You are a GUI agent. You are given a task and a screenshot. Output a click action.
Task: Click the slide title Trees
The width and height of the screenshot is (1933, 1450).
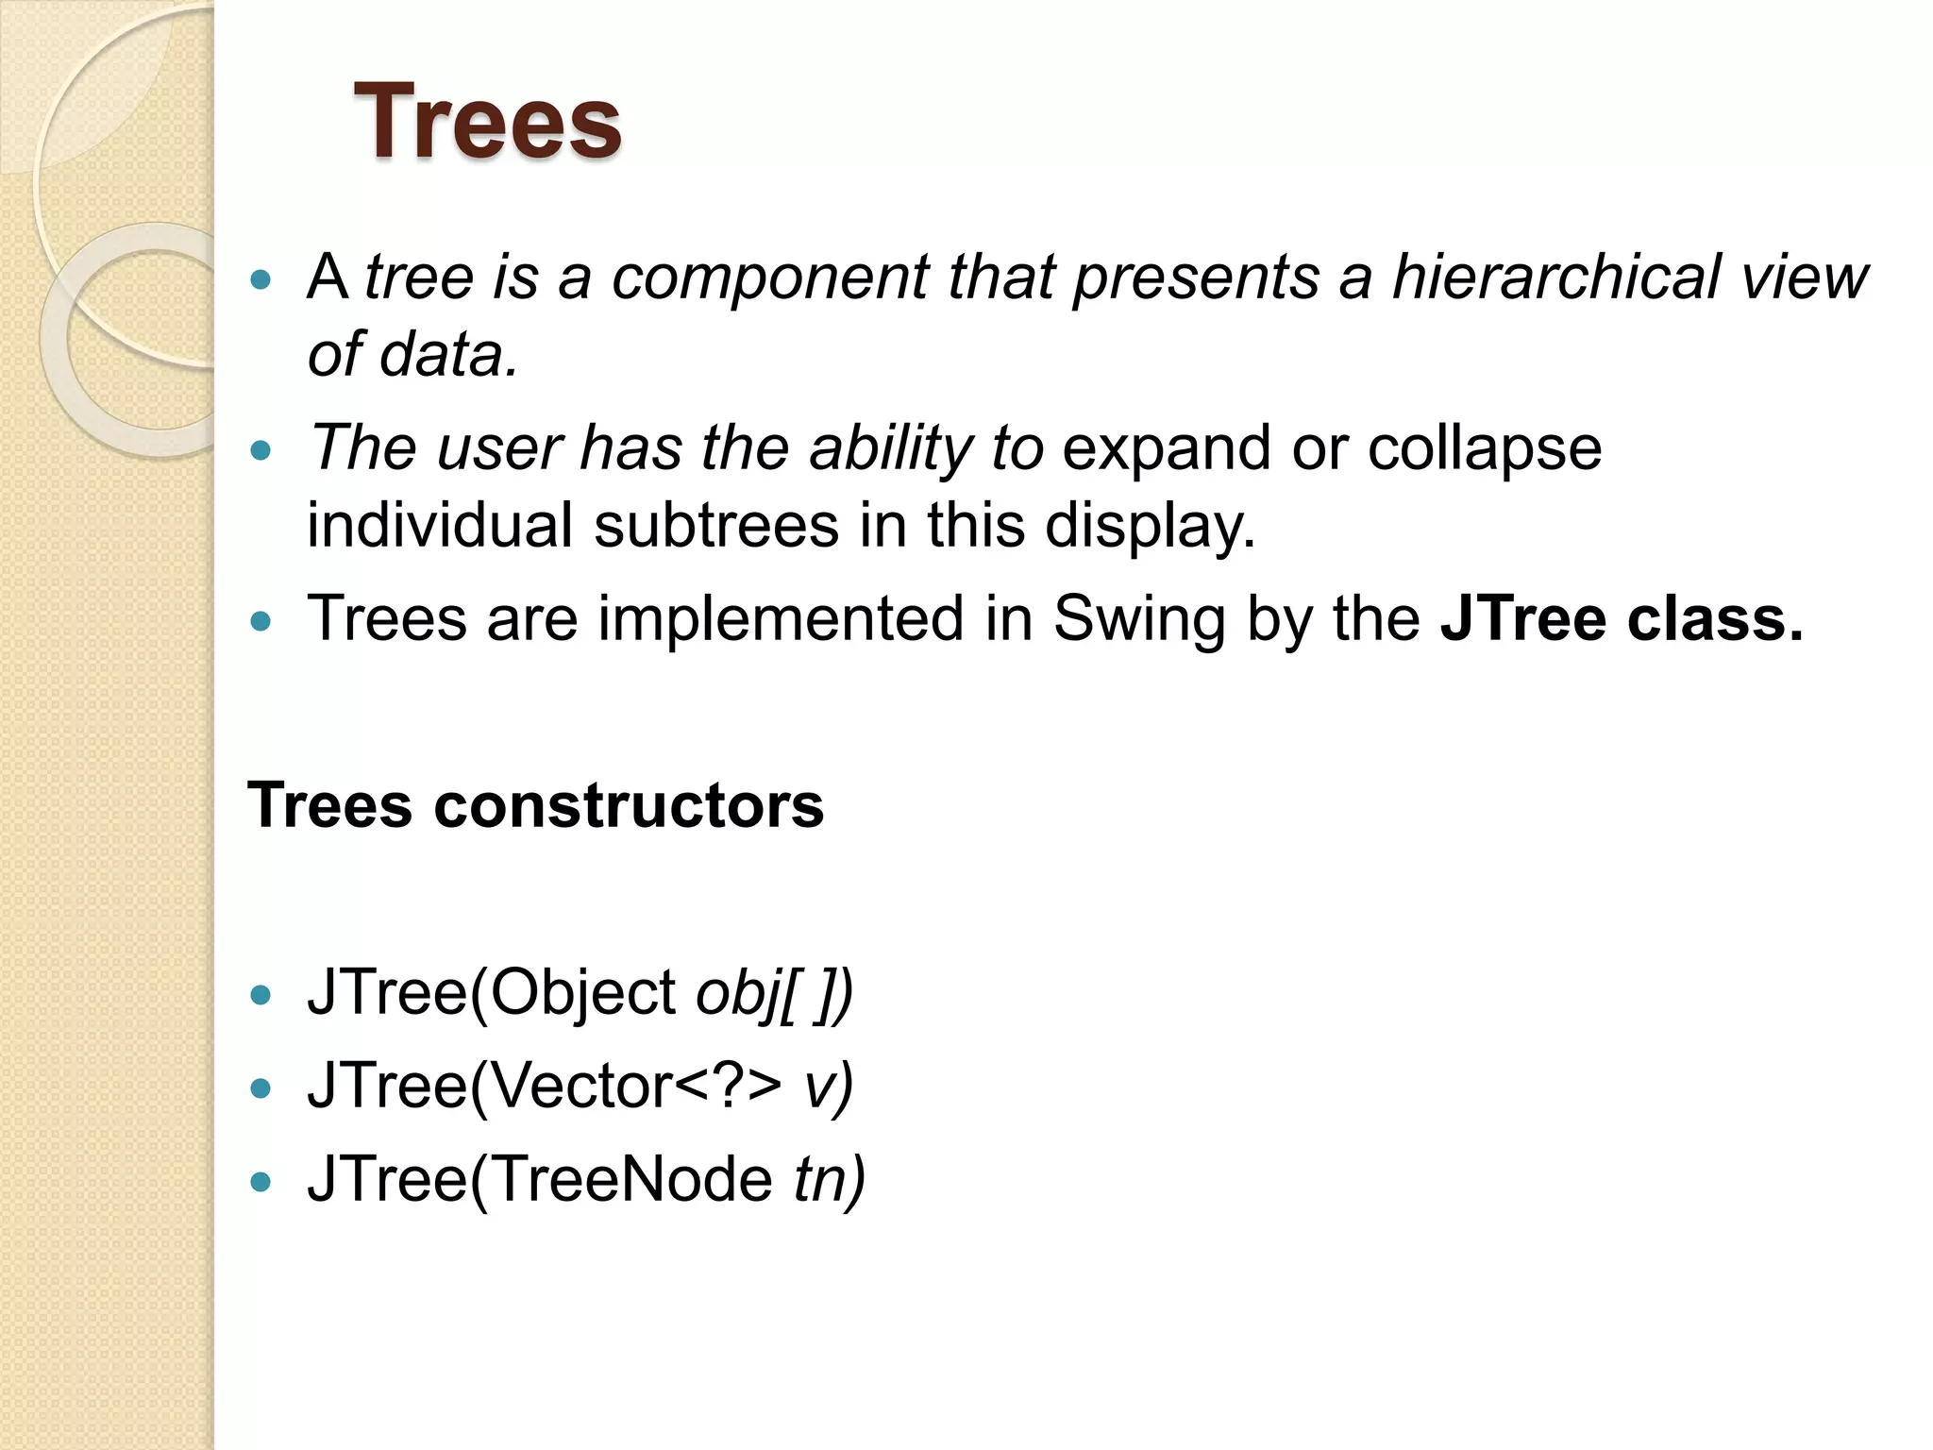click(x=487, y=122)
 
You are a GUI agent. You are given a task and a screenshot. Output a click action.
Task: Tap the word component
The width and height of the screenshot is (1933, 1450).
click(x=770, y=278)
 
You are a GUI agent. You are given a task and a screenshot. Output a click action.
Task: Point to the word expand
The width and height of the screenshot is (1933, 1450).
click(x=1167, y=448)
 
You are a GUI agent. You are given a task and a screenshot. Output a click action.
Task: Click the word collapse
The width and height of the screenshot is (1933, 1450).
click(x=1485, y=448)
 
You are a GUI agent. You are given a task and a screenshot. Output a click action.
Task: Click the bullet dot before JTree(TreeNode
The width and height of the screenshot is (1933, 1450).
click(x=261, y=1182)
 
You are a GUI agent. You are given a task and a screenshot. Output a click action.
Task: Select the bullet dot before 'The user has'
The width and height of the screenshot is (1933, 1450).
click(x=261, y=450)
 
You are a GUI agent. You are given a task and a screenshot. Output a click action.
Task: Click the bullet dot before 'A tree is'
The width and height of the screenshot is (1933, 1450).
click(x=261, y=279)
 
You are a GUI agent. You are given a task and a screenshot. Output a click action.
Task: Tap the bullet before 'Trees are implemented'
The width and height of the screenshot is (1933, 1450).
click(x=261, y=621)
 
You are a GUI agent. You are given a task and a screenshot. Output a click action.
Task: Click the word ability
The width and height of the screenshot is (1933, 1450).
click(x=890, y=448)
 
